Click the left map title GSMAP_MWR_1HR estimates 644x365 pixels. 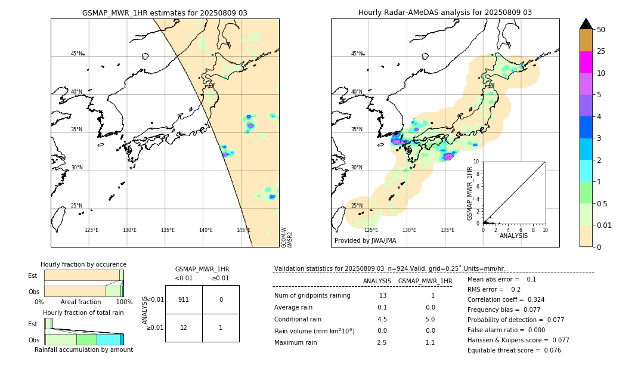pos(165,13)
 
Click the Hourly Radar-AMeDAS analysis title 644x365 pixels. pos(445,13)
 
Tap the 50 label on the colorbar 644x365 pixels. pos(601,30)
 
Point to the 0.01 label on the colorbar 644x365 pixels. pos(605,225)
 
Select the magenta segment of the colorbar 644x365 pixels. pos(586,62)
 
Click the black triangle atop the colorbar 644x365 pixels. pos(586,24)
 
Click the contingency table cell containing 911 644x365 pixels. pos(184,299)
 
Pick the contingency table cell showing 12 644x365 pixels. pos(184,327)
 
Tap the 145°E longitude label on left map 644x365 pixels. pos(243,230)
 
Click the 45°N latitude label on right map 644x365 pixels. pos(357,54)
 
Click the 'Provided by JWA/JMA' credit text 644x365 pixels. pos(365,241)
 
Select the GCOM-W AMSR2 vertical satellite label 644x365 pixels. pos(287,237)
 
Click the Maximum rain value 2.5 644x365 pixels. pos(382,342)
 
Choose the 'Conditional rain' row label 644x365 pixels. pos(298,319)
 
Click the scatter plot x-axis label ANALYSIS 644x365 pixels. pos(513,236)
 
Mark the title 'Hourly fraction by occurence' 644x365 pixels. pos(83,264)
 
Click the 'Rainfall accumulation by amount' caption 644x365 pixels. pos(83,349)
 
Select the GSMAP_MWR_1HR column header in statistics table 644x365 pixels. pos(425,281)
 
